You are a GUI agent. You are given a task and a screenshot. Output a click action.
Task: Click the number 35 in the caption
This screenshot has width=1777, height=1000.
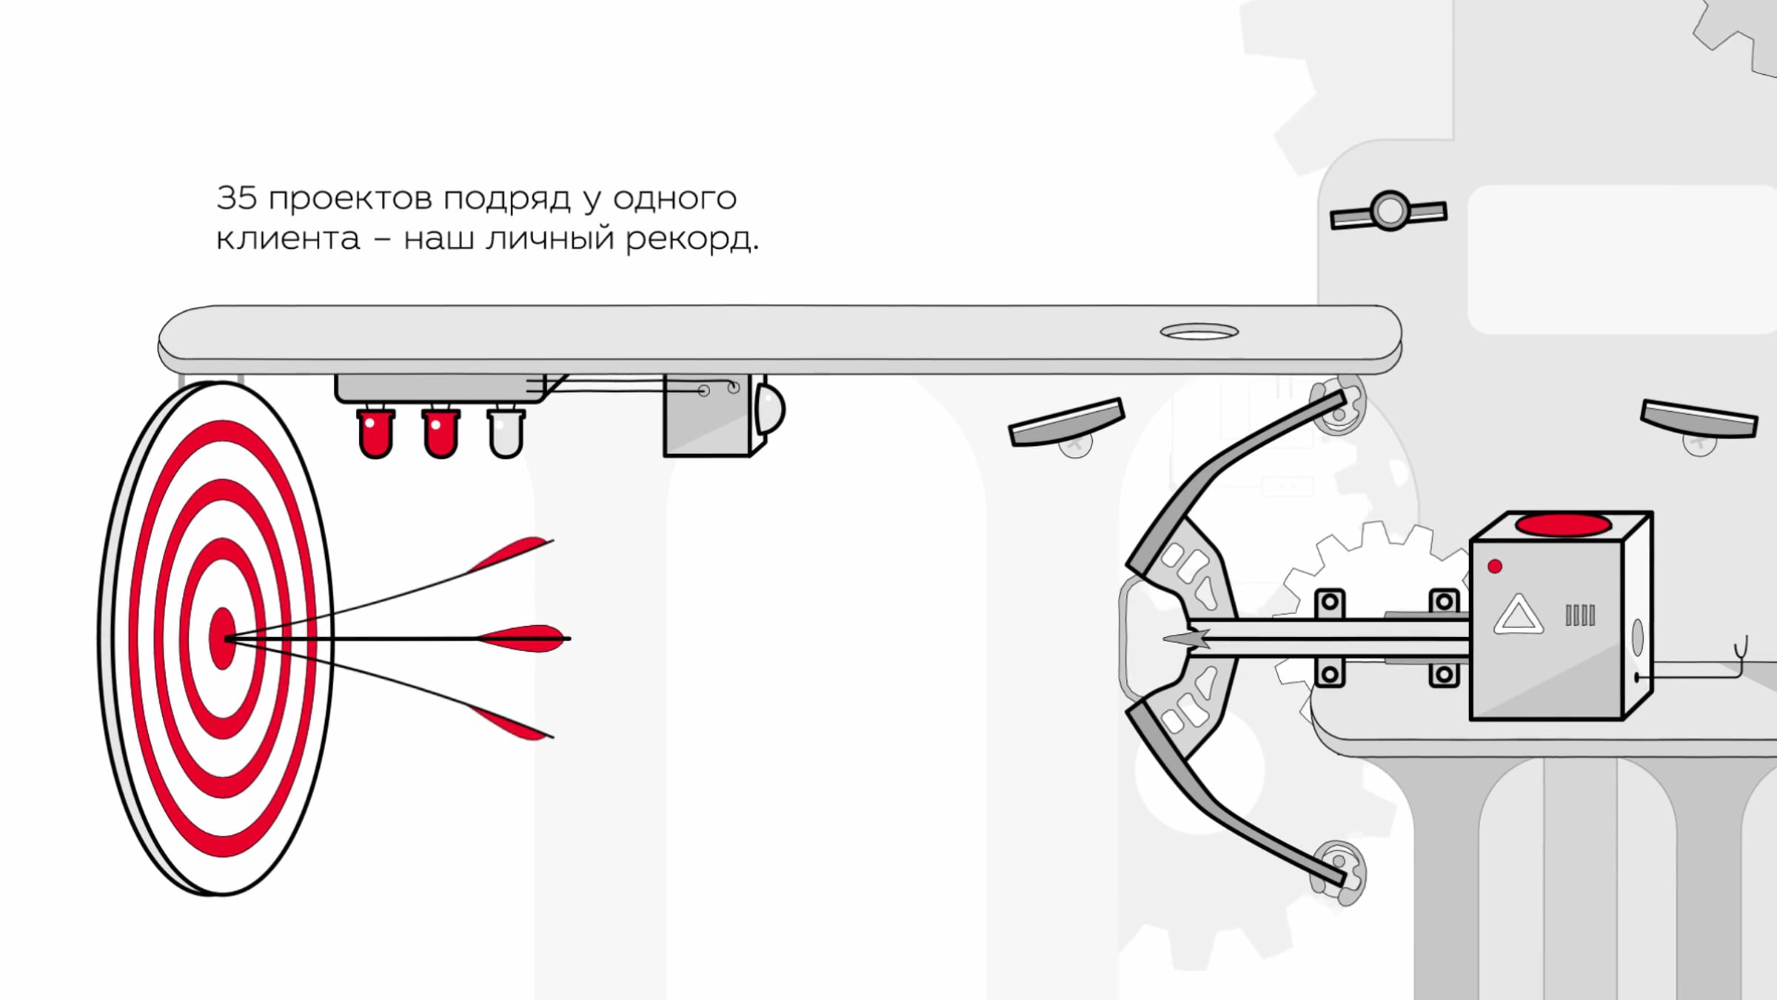tap(236, 198)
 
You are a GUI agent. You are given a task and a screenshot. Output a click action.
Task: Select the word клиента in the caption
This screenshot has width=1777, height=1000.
tap(288, 239)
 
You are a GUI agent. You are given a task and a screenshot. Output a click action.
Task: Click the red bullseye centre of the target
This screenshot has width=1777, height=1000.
tap(222, 639)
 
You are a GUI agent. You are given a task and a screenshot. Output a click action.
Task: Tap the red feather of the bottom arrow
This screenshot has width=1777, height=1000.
tap(509, 722)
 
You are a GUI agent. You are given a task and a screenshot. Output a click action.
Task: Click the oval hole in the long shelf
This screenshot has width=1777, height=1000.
tap(1199, 331)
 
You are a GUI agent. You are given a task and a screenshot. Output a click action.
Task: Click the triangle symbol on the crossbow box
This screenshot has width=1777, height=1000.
tap(1518, 615)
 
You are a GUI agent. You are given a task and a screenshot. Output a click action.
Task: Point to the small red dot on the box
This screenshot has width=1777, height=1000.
tap(1495, 567)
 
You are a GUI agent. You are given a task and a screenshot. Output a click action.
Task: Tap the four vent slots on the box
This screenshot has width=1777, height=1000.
tap(1580, 616)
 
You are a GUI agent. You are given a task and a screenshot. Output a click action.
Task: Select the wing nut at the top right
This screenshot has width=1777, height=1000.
tap(1388, 211)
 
